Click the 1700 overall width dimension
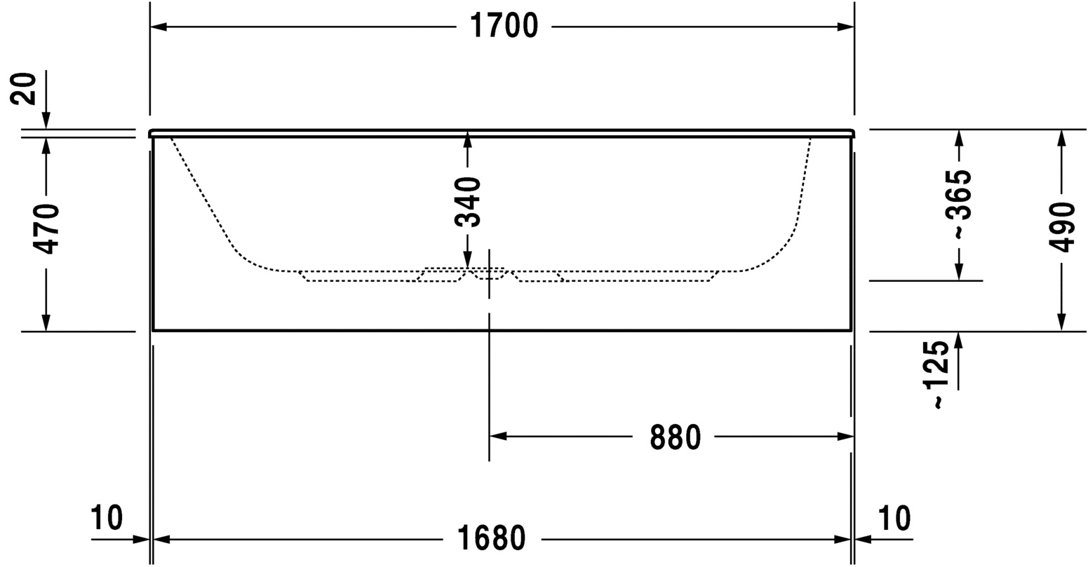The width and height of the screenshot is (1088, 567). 504,26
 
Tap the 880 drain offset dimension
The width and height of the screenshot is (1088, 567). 675,437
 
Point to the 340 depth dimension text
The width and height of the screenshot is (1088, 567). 468,202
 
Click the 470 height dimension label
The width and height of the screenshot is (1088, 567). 46,228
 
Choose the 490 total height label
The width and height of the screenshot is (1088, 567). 1062,226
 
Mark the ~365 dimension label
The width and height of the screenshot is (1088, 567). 960,204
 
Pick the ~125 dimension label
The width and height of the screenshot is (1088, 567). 936,374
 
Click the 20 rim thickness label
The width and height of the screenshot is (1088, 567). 23,88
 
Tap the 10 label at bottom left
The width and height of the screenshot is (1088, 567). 107,517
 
